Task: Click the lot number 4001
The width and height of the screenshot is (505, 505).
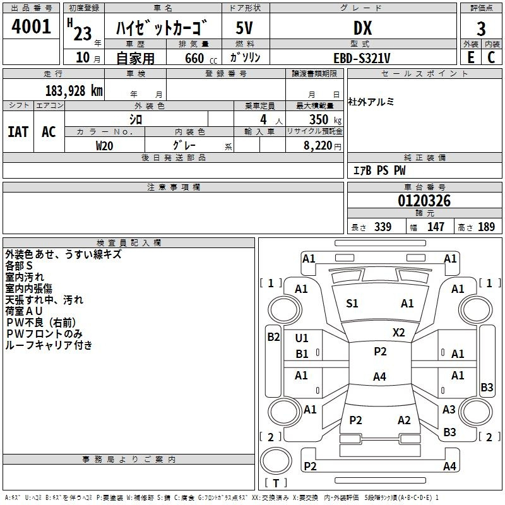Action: coord(31,27)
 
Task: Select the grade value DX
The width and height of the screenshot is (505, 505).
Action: coord(362,28)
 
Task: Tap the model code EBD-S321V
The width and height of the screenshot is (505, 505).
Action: coord(362,58)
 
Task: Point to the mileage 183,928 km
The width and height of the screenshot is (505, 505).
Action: coord(74,91)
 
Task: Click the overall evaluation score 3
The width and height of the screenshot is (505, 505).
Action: coord(481,29)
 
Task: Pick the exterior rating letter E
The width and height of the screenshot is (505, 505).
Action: coord(470,57)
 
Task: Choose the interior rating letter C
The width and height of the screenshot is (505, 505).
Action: coord(491,57)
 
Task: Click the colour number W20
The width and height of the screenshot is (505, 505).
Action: coord(104,146)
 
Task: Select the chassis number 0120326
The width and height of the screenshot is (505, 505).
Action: coord(424,201)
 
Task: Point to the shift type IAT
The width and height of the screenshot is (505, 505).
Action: coord(18,132)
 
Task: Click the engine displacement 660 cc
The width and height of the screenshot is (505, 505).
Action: coord(201,59)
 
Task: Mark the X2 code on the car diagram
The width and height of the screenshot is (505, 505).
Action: coord(398,333)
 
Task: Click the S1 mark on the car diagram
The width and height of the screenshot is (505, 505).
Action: coord(352,304)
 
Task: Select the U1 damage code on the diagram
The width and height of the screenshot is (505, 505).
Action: coord(302,338)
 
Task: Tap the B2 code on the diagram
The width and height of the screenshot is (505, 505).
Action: coord(273,337)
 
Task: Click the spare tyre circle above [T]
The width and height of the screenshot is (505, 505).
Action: coord(276,461)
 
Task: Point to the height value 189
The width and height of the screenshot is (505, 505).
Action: coord(486,227)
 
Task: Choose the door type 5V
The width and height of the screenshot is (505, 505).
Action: coord(244,28)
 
